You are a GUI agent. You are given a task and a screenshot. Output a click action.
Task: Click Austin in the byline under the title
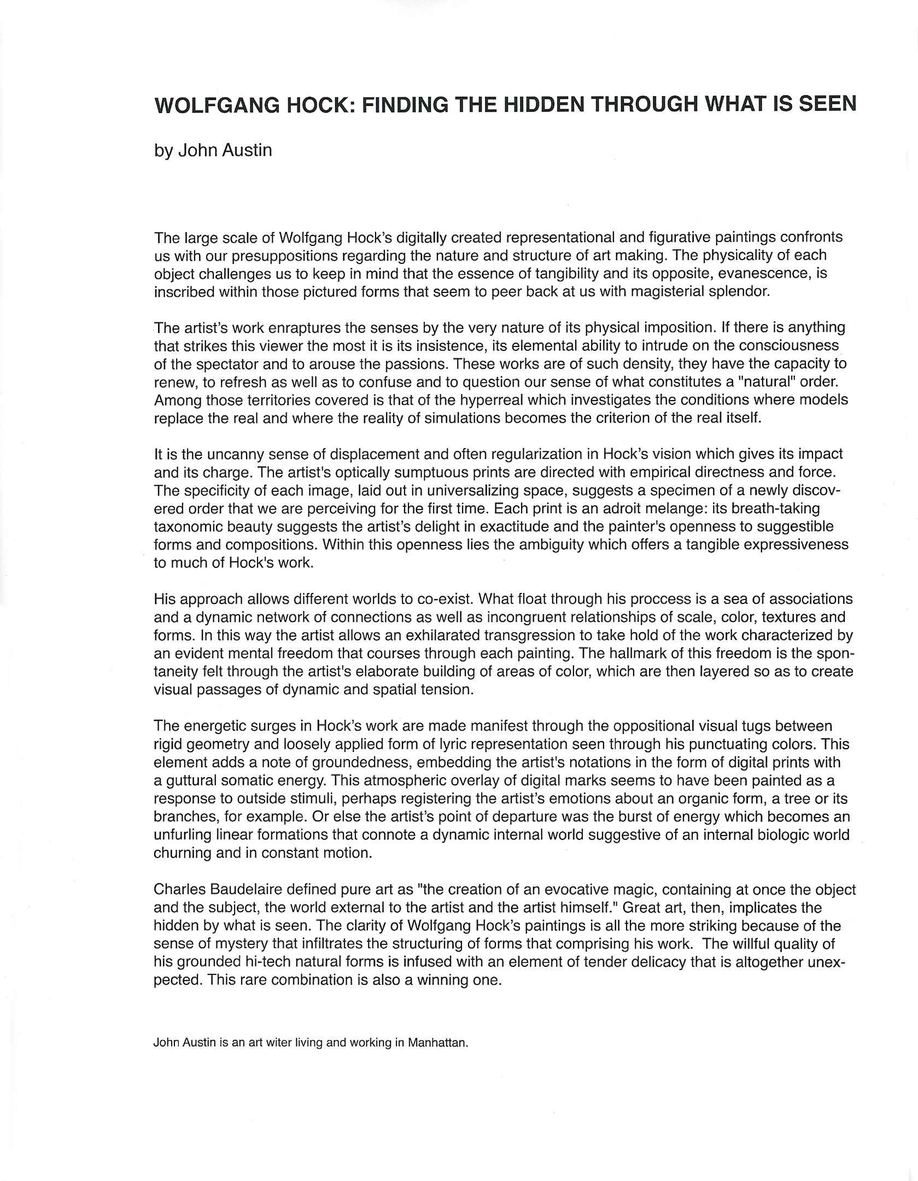247,150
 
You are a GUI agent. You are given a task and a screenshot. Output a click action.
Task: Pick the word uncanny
213,454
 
